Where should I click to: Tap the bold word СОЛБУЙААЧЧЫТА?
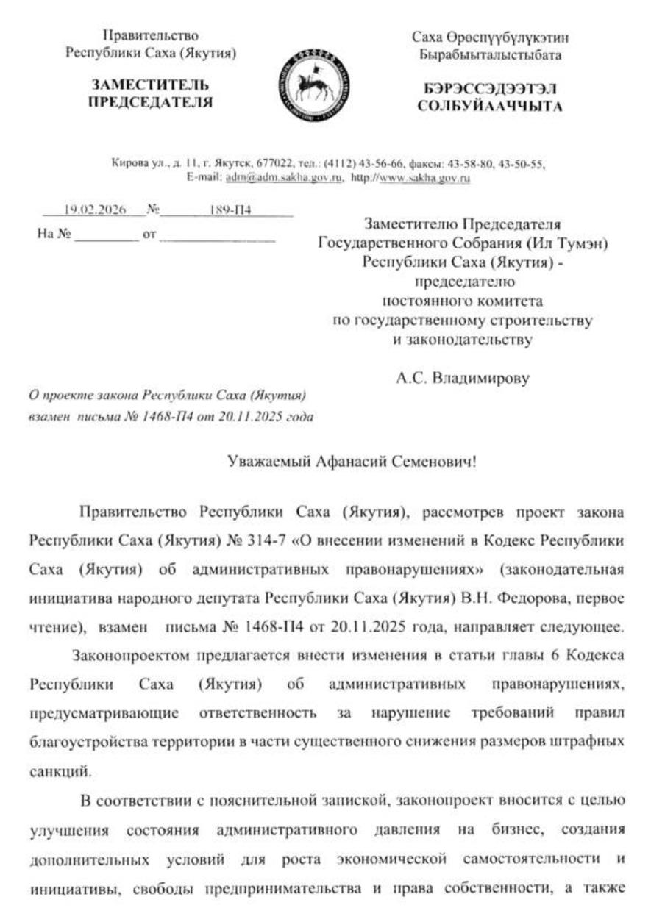click(x=490, y=107)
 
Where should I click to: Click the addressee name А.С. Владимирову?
click(x=462, y=380)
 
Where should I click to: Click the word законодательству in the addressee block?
click(x=462, y=340)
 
